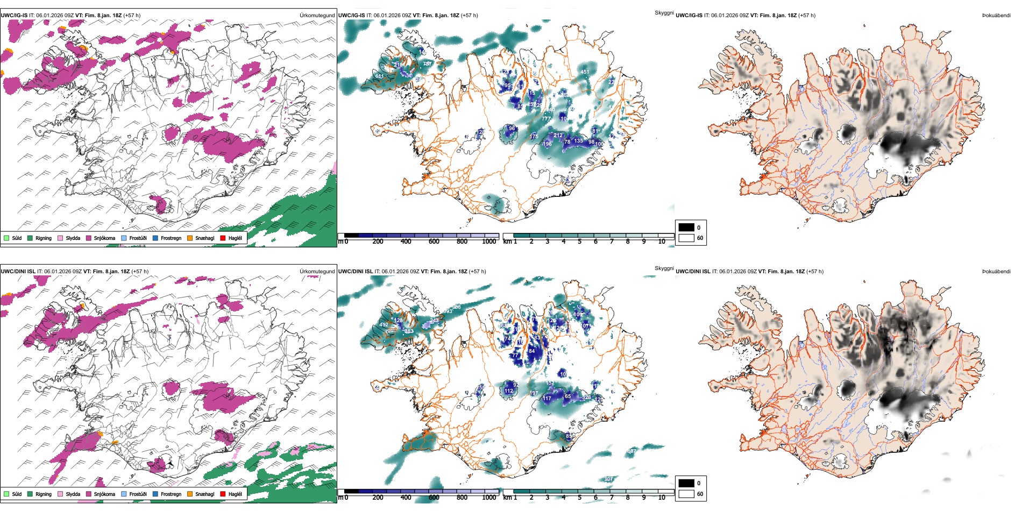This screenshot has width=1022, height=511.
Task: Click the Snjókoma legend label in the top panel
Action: (104, 238)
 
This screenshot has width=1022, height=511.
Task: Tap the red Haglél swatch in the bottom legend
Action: (223, 494)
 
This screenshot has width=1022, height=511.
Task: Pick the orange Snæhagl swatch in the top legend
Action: (190, 238)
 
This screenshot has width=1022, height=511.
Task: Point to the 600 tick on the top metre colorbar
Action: (434, 242)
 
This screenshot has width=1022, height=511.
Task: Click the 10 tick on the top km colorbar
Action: (662, 242)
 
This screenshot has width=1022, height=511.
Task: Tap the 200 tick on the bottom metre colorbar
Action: (378, 498)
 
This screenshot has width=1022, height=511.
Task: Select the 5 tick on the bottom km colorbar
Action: (580, 498)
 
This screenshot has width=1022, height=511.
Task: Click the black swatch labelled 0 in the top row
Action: (686, 228)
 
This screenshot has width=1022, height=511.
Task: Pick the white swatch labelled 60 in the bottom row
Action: (686, 494)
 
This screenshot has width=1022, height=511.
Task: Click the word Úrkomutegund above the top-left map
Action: (317, 15)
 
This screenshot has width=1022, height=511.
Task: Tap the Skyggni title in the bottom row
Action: (664, 268)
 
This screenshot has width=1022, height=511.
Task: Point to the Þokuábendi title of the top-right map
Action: (996, 15)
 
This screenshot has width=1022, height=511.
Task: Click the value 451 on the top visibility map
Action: (585, 72)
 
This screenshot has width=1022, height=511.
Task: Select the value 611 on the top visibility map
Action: (379, 76)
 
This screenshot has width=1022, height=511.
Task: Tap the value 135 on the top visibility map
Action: (578, 141)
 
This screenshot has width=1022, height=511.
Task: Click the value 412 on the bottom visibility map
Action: (384, 325)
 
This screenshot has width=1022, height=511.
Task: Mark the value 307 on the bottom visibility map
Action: (608, 479)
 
